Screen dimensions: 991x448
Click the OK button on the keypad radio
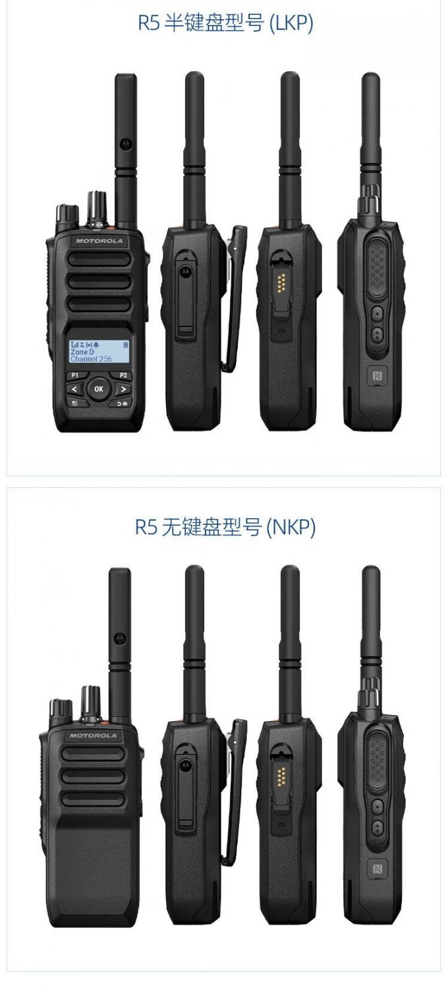pyautogui.click(x=99, y=388)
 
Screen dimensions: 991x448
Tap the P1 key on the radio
pyautogui.click(x=74, y=375)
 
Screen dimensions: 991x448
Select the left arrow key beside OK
pyautogui.click(x=74, y=389)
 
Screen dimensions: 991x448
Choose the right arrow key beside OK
pyautogui.click(x=123, y=389)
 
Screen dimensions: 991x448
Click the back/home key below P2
pyautogui.click(x=123, y=403)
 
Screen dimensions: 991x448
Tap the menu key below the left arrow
pyautogui.click(x=74, y=403)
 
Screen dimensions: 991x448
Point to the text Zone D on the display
pyautogui.click(x=82, y=352)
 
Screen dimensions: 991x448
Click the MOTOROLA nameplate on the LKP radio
pyautogui.click(x=99, y=241)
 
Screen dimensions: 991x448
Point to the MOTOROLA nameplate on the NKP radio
pyautogui.click(x=93, y=736)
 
